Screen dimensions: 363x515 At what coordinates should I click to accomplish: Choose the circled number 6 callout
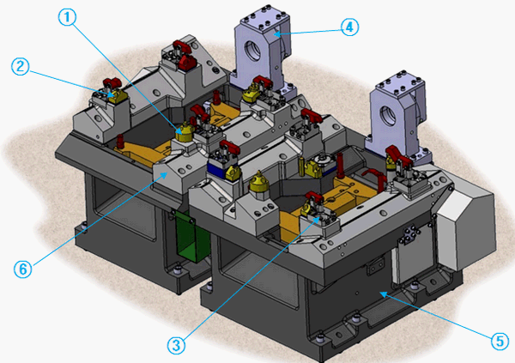point(23,268)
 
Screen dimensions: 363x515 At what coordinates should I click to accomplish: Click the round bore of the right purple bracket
point(385,114)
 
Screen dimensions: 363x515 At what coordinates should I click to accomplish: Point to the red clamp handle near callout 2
point(110,83)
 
